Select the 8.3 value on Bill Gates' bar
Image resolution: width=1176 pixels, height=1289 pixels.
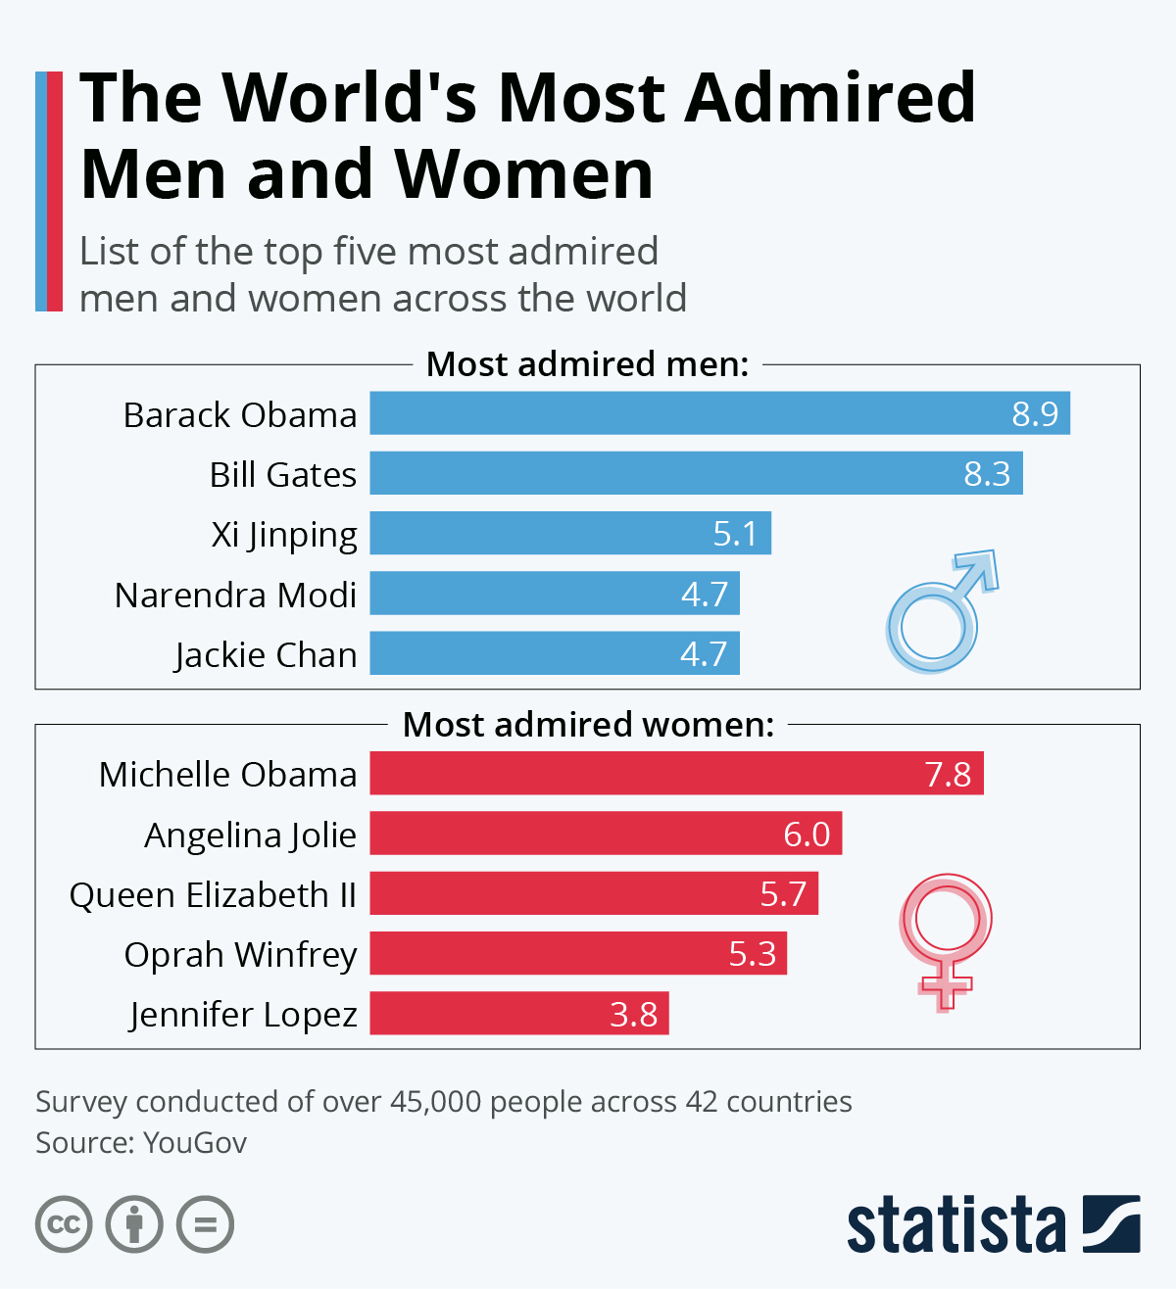[x=987, y=474]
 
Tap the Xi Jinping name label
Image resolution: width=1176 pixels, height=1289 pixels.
[x=284, y=535]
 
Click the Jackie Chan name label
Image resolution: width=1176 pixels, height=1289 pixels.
[x=266, y=654]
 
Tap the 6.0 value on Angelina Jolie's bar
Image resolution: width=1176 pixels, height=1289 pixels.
[x=807, y=835]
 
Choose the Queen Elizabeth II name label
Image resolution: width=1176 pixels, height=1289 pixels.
[x=213, y=894]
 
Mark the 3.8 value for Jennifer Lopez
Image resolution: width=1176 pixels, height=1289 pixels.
[x=633, y=1014]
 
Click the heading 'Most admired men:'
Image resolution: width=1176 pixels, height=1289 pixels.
[x=587, y=364]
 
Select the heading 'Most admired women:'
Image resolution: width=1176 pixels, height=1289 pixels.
[x=588, y=725]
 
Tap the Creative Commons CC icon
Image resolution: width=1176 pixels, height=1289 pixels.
[x=64, y=1224]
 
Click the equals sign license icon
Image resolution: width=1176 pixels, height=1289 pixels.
[x=205, y=1224]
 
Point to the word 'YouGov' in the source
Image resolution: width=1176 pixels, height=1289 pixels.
[x=195, y=1143]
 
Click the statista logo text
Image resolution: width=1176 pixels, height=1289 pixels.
[x=955, y=1224]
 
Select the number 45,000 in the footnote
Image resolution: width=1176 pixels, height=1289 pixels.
[x=435, y=1102]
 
